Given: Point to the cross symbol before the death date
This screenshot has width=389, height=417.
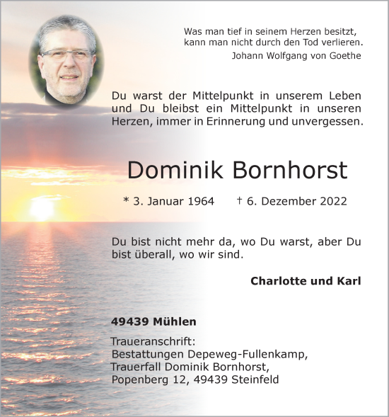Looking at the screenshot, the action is [240, 200].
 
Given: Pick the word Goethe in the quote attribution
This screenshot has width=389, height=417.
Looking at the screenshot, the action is [344, 56].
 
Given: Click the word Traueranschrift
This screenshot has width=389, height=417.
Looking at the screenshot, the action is [154, 341].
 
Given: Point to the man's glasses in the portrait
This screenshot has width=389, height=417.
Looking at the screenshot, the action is [66, 55].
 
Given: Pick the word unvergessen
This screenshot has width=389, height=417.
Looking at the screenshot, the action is [322, 121].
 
